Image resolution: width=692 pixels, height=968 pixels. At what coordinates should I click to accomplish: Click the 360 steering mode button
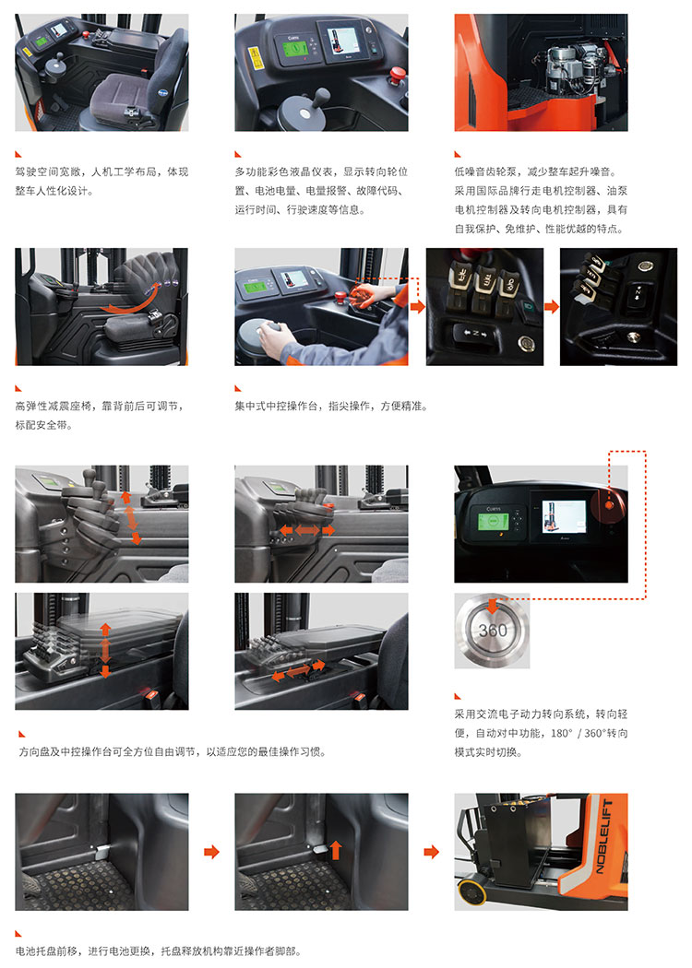tap(493, 631)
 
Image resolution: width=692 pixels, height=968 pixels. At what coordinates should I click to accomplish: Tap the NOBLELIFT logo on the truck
tap(603, 836)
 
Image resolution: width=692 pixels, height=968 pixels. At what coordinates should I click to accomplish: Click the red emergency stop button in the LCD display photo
tap(397, 76)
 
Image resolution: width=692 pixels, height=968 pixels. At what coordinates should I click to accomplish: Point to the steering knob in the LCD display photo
tap(322, 98)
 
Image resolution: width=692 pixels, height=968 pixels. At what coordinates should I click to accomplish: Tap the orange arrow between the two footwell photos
tap(212, 852)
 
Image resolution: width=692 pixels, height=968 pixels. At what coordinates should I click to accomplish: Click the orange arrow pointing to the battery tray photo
tap(431, 852)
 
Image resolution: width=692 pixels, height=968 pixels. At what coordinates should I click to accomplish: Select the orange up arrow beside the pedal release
tap(336, 849)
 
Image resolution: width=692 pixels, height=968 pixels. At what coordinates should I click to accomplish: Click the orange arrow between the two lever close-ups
tap(552, 306)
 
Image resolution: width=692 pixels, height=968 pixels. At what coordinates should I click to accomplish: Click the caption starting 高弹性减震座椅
tap(100, 415)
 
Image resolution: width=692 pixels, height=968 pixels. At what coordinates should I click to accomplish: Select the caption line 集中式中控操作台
tap(331, 406)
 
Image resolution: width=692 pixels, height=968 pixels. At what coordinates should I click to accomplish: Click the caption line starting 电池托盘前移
tap(158, 951)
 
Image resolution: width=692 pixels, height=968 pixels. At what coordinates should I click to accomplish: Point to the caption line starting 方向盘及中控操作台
tap(173, 751)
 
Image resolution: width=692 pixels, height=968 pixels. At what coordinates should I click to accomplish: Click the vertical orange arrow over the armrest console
tap(105, 651)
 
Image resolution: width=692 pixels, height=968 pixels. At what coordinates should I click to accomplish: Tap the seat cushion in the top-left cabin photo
tap(121, 96)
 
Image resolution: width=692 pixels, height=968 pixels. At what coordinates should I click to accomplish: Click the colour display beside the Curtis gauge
tap(341, 41)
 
